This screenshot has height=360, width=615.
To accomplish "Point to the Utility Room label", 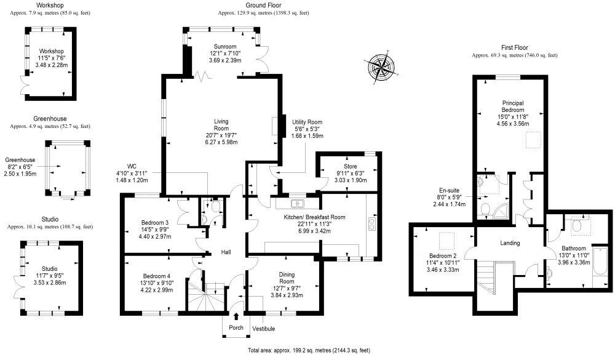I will [x=307, y=122].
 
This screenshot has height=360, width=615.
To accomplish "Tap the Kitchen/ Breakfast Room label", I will [x=314, y=217].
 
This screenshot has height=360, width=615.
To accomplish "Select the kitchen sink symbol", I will [x=297, y=202].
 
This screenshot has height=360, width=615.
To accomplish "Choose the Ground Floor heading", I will [x=264, y=5].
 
